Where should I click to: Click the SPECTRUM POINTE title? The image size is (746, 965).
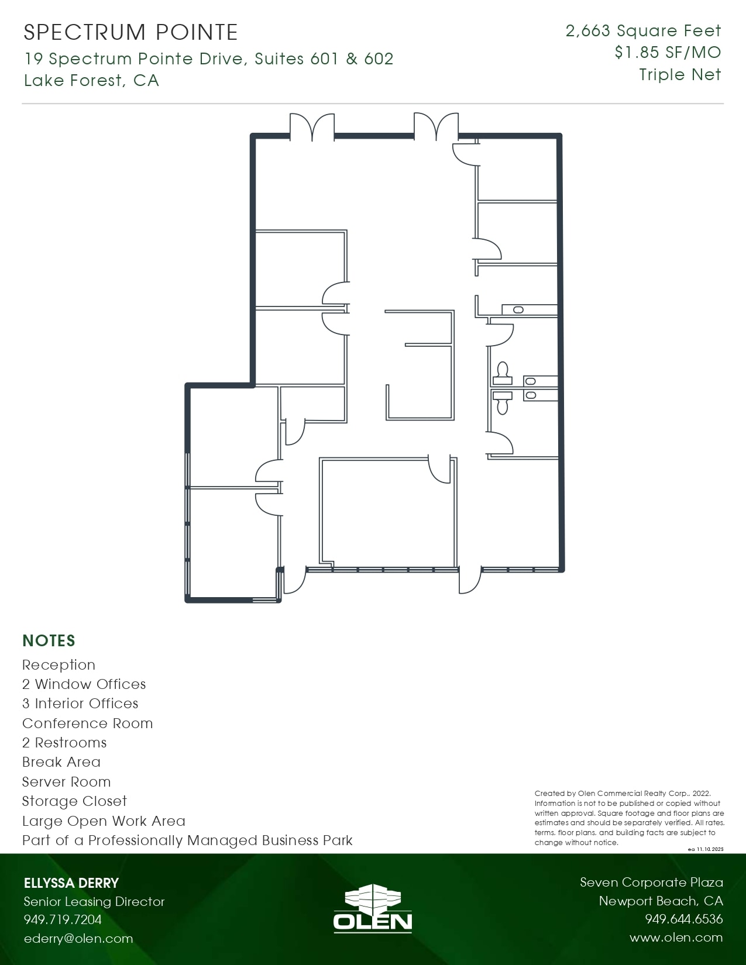tap(130, 33)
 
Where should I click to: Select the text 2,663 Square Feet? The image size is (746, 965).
tap(643, 31)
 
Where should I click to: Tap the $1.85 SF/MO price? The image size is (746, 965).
tap(668, 53)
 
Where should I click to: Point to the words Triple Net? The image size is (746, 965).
tap(680, 75)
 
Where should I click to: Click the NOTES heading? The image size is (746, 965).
tap(49, 641)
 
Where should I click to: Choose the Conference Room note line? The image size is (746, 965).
tap(87, 723)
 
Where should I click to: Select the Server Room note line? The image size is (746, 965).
tap(66, 782)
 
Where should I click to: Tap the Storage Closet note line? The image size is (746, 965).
tap(74, 801)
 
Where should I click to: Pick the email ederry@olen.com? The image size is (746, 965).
tap(78, 939)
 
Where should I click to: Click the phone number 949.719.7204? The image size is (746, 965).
tap(63, 919)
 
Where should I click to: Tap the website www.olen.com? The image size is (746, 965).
tap(676, 938)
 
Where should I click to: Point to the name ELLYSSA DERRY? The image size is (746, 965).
tap(71, 883)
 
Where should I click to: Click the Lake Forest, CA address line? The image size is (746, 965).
tap(91, 80)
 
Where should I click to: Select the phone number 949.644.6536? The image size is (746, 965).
tap(683, 919)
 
